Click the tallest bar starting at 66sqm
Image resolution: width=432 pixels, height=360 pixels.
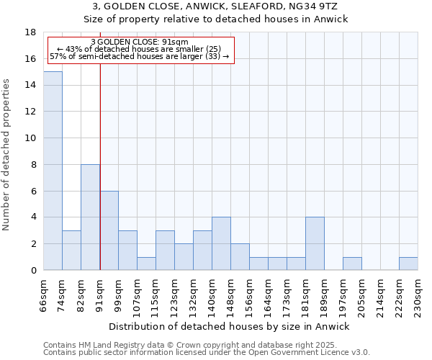tap(53, 171)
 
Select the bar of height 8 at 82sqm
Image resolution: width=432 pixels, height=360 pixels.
tap(90, 217)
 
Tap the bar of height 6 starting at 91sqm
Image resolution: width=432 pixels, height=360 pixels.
tap(109, 230)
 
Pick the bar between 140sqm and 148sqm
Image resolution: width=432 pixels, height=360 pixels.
tap(221, 243)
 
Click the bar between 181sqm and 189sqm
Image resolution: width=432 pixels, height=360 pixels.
tap(315, 243)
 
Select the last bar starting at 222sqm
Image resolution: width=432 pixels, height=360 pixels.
tap(408, 264)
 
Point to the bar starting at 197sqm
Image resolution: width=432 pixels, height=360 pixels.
tap(352, 264)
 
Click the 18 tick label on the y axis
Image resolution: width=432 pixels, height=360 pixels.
tap(30, 32)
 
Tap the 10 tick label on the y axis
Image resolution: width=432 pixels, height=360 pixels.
tap(30, 138)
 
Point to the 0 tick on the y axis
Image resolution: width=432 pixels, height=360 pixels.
tap(33, 271)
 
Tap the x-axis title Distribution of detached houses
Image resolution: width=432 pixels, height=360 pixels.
tap(230, 326)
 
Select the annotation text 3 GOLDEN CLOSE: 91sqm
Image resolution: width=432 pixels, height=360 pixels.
tap(140, 42)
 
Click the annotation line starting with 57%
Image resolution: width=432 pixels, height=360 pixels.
tap(140, 56)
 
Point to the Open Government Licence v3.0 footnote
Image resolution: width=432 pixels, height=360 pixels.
tap(207, 353)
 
